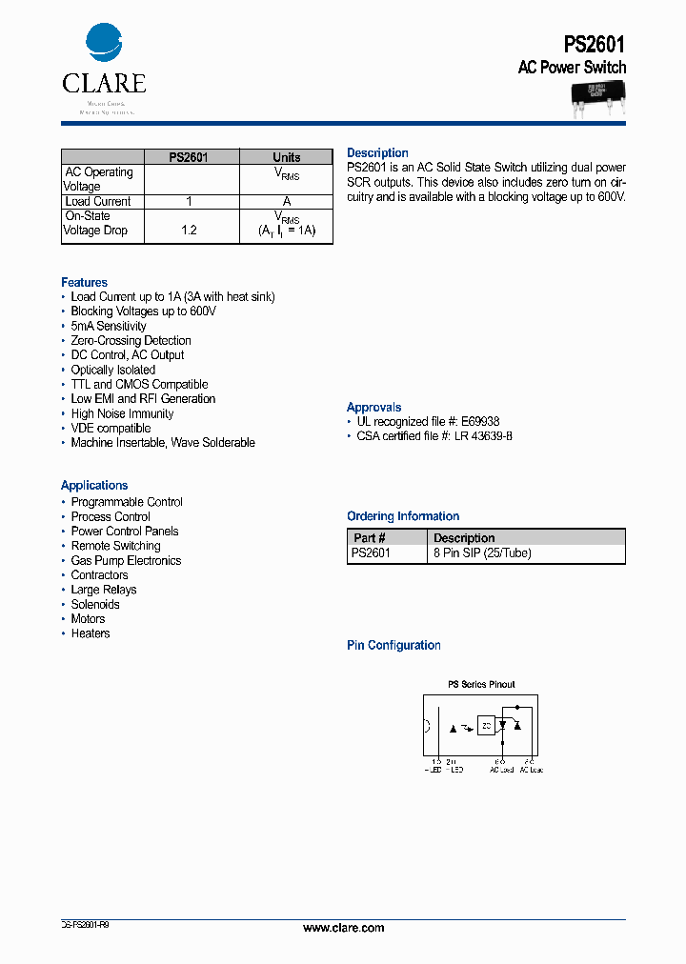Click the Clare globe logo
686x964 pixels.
(x=104, y=43)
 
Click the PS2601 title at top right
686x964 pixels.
(x=595, y=44)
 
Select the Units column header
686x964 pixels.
(x=286, y=157)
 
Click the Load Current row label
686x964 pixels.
(x=97, y=201)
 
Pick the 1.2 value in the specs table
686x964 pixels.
(x=189, y=231)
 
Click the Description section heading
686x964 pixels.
(x=377, y=153)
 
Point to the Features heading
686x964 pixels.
(x=84, y=283)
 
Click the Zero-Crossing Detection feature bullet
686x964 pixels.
(x=131, y=341)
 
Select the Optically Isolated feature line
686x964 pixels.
(x=112, y=370)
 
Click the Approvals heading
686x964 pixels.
(x=373, y=408)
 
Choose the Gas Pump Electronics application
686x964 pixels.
(x=126, y=561)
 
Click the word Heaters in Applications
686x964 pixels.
(x=91, y=633)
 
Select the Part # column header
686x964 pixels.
(x=369, y=538)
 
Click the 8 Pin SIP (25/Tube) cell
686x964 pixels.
(x=481, y=552)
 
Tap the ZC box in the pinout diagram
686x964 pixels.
(x=487, y=727)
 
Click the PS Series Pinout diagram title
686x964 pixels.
(x=481, y=685)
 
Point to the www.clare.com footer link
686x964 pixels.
(x=343, y=928)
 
